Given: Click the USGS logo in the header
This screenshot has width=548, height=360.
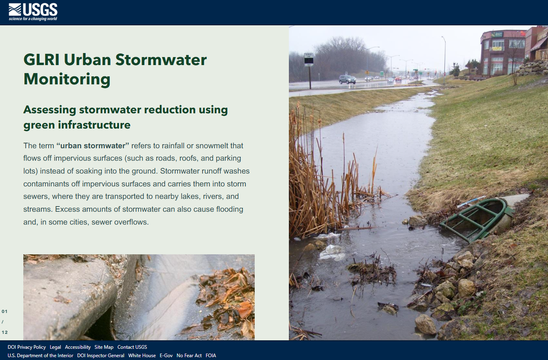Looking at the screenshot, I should [33, 12].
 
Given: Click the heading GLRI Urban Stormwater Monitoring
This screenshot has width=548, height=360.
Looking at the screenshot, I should [115, 69].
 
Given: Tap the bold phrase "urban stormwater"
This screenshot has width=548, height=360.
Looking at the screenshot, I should [93, 146].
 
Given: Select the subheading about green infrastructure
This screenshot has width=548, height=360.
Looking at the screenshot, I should [126, 117].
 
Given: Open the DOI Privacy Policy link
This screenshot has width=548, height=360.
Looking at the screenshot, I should [27, 347].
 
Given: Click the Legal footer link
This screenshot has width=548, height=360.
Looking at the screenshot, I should [55, 347].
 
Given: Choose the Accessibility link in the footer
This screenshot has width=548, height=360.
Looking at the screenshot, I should [78, 347].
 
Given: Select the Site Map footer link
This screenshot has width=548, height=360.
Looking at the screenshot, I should [104, 347].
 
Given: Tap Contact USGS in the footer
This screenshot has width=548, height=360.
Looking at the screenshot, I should [132, 347].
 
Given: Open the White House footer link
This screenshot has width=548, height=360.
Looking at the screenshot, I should [142, 355].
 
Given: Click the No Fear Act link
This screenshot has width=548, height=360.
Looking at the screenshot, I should [189, 355].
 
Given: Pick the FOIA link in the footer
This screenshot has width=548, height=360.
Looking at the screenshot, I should [211, 355].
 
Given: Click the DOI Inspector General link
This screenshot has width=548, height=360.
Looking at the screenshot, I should [100, 355].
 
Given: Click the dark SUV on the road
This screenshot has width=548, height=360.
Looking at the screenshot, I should [347, 79].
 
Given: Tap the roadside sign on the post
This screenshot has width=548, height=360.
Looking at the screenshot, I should [309, 59].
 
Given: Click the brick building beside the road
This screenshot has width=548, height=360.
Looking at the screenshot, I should [502, 52].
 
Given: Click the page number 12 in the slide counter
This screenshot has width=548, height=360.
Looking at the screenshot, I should [5, 332].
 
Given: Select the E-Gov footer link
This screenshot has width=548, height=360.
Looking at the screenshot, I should [166, 355].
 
